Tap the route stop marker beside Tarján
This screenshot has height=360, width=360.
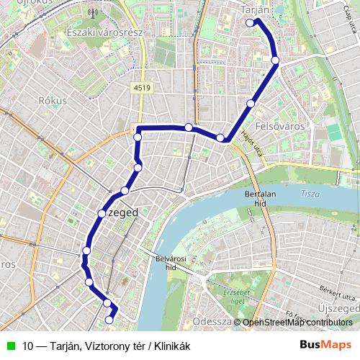[x=250, y=23]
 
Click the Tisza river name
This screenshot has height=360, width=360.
[x=310, y=194]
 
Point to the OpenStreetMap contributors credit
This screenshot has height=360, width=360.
[x=300, y=323]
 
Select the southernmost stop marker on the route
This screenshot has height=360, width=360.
[x=109, y=320]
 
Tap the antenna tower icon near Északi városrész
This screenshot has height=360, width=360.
[x=91, y=12]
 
